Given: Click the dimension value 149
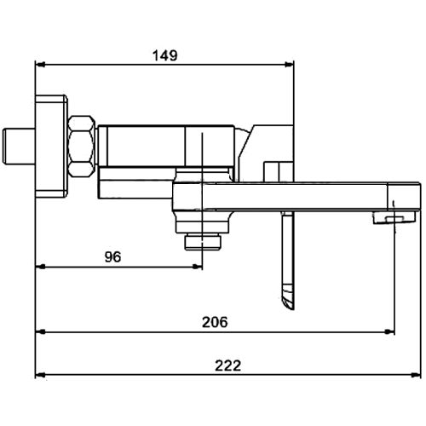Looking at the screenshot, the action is pos(165,55).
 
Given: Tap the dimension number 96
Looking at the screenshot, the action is pos(112,257).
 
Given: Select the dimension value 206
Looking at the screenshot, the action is pos(215,322).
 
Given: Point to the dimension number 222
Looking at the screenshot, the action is pos(227,366).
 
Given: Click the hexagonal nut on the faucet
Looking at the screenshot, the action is pos(82,147).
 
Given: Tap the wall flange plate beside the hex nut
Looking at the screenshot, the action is pos(51,147).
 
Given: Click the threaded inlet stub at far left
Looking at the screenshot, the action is pos(19,147).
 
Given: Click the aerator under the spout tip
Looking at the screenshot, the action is pos(394,218).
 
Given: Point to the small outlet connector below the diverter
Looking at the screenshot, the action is pos(203,242).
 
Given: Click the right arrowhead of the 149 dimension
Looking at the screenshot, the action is pos(290,65).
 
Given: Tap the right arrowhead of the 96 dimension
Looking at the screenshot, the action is pos(198,267).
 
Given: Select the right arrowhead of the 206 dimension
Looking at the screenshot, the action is pos(389,331).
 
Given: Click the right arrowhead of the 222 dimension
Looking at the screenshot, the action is pos(416,375).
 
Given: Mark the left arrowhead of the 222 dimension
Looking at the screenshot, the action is pos(40,375).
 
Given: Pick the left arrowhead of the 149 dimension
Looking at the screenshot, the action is pos(40,65).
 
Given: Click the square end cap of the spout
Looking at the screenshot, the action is pos(404,197).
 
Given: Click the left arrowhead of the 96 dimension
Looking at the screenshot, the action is pos(40,267).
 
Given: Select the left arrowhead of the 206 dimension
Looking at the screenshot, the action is pos(40,331).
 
